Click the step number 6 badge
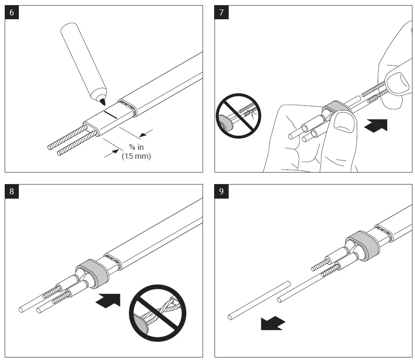tap(12, 12)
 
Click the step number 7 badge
tap(221, 12)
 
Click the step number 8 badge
tap(12, 191)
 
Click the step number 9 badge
tap(221, 191)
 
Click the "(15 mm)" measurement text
tap(136, 157)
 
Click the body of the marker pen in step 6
tap(82, 60)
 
